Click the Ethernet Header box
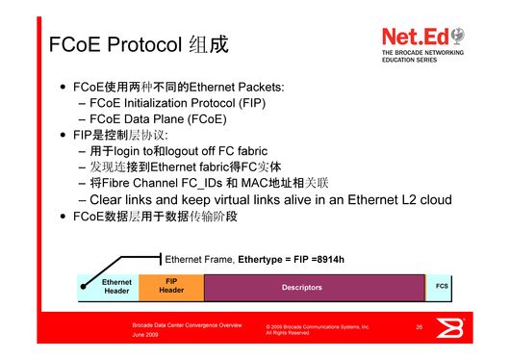[116, 287]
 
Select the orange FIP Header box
[171, 286]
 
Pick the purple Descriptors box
[301, 287]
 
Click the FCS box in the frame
[442, 286]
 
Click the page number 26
[420, 328]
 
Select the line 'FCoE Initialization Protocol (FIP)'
[177, 102]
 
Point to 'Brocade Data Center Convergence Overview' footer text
[187, 326]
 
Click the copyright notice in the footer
[317, 330]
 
